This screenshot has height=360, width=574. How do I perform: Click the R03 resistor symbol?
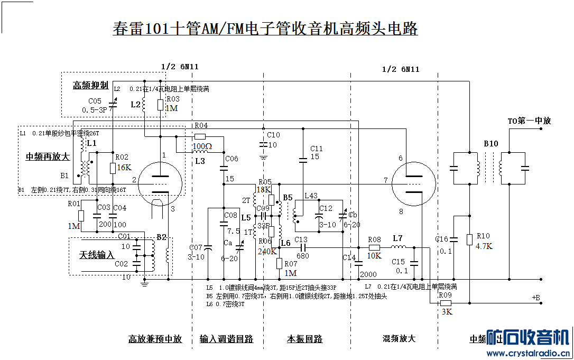(160, 104)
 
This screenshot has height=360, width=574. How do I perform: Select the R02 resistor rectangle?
(113, 168)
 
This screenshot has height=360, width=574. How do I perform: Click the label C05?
(95, 100)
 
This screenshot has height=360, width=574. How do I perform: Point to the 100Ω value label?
(201, 145)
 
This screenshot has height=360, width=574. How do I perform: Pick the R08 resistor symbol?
(374, 247)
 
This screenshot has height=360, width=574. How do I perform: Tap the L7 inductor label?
(397, 238)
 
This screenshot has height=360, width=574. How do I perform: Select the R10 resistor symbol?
(469, 239)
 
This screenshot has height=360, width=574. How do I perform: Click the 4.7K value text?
(484, 246)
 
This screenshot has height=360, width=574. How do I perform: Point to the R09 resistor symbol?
(445, 303)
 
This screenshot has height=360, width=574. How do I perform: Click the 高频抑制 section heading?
(91, 85)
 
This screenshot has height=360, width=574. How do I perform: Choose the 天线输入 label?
(97, 255)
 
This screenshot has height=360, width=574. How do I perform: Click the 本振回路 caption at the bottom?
(305, 339)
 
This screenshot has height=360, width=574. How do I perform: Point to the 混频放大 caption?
(399, 338)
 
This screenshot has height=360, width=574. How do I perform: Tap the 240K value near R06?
(267, 251)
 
